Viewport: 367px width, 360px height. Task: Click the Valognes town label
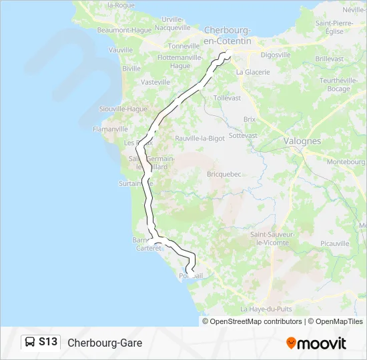coord(302,141)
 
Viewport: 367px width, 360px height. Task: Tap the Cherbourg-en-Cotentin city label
coord(228,35)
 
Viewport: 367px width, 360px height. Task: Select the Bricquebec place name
coord(227,173)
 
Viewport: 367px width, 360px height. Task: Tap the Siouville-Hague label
coord(122,109)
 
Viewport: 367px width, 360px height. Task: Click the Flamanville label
coord(110,129)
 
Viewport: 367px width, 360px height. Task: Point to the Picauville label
coord(334,243)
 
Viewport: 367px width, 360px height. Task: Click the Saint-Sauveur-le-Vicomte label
coord(270,239)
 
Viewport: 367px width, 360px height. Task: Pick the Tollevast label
coord(227,97)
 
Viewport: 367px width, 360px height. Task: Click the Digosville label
coord(276,55)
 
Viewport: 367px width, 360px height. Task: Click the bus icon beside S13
coord(30,343)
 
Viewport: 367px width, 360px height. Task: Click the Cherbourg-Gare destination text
coord(105,343)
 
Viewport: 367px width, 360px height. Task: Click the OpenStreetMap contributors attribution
coord(255,321)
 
